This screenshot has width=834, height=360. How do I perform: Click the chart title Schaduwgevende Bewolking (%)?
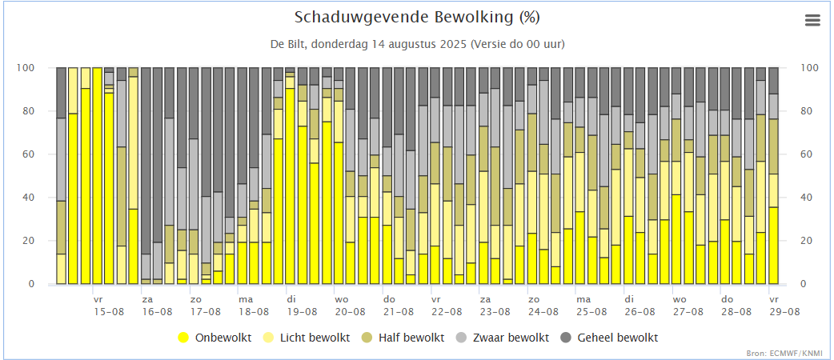[x=416, y=18]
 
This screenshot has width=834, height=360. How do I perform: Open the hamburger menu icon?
[x=812, y=21]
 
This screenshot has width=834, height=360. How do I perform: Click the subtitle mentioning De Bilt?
[x=416, y=43]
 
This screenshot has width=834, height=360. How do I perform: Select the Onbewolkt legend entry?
[x=222, y=338]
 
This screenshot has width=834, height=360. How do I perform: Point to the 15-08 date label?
[x=109, y=312]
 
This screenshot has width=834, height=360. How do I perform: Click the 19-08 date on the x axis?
[x=303, y=312]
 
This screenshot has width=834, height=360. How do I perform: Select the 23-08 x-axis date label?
[x=495, y=312]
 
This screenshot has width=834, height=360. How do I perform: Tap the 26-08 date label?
[x=640, y=312]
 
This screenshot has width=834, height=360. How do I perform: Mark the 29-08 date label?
[x=785, y=312]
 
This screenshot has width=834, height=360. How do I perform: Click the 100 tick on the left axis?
[x=26, y=68]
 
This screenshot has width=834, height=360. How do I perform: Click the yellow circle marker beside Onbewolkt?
[x=183, y=338]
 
